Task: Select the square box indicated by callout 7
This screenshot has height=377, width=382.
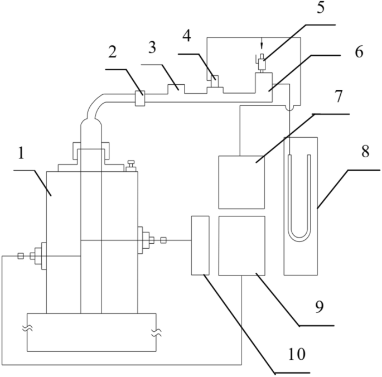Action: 241,182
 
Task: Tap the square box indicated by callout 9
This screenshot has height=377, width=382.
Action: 241,245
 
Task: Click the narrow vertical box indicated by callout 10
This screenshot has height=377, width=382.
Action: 200,245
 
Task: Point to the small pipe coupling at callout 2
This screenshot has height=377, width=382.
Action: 140,98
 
